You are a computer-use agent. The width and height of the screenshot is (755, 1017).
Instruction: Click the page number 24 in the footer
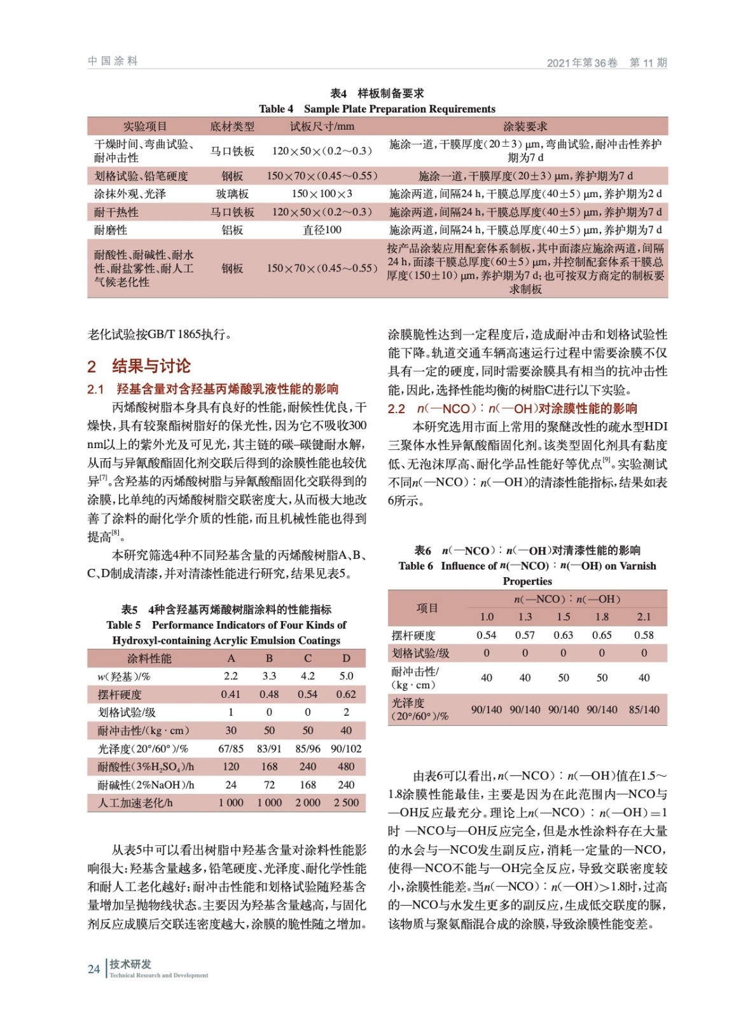click(x=94, y=969)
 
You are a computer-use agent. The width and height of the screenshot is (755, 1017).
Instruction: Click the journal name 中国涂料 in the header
click(x=113, y=61)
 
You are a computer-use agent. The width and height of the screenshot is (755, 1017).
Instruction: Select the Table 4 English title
click(x=377, y=109)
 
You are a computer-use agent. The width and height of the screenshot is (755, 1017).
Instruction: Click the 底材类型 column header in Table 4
click(x=232, y=126)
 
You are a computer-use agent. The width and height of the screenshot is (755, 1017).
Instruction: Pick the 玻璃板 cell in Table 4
click(x=232, y=194)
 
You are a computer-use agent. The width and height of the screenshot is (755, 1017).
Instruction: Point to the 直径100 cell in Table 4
click(x=322, y=230)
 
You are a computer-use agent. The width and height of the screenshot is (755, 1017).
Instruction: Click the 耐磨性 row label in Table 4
click(x=111, y=230)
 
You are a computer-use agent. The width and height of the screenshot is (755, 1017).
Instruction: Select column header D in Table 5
click(x=346, y=659)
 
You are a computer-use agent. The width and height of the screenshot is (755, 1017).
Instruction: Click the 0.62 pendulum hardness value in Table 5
click(x=346, y=695)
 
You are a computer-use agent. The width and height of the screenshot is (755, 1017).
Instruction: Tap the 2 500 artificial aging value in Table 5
click(x=346, y=803)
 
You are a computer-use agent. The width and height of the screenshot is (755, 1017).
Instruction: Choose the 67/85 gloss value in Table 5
click(x=231, y=749)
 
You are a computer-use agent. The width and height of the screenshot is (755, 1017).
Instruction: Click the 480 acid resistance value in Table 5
click(x=346, y=767)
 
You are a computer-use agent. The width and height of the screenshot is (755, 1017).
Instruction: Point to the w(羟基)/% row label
click(x=124, y=676)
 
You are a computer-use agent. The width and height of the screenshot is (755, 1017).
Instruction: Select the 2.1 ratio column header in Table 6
click(x=644, y=617)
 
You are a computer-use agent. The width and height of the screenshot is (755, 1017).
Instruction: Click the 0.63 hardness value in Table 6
click(x=563, y=635)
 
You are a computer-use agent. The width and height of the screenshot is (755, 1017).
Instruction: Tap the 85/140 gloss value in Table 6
click(x=644, y=709)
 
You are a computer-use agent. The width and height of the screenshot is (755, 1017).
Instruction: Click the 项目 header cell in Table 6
click(x=427, y=608)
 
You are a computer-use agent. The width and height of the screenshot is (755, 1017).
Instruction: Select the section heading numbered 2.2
click(x=512, y=409)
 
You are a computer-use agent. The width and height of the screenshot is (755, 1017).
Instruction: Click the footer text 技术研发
click(x=130, y=964)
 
